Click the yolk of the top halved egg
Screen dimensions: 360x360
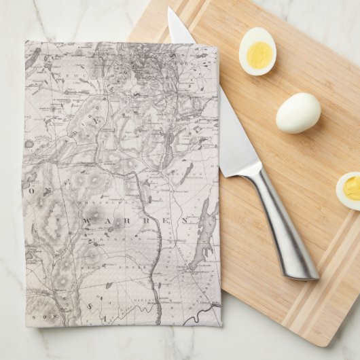(257, 54)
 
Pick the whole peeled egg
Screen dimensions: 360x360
(298, 113)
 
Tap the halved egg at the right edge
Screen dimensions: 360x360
(349, 190)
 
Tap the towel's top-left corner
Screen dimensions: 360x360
(26, 41)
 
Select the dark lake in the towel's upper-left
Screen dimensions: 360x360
(32, 58)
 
